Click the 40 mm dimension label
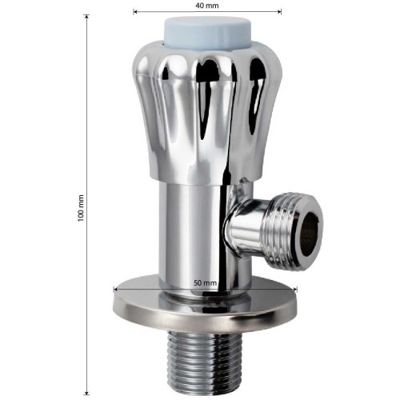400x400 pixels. tap(207, 6)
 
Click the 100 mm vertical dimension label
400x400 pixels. tap(81, 208)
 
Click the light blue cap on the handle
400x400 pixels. tap(207, 34)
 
